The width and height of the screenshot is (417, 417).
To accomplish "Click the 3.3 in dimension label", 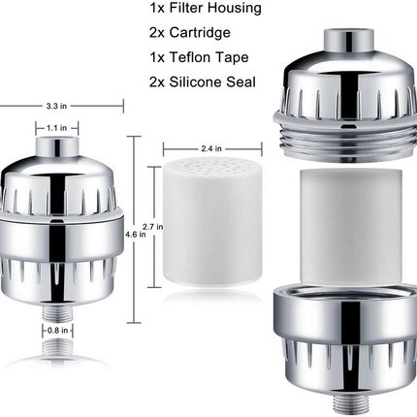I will (58, 105).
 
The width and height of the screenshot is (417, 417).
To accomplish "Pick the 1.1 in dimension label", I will (57, 126).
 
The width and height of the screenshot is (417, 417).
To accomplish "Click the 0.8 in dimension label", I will (57, 330).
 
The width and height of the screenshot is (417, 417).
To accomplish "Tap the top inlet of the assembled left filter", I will (58, 147).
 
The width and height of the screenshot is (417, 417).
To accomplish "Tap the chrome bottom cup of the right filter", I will (343, 320).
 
